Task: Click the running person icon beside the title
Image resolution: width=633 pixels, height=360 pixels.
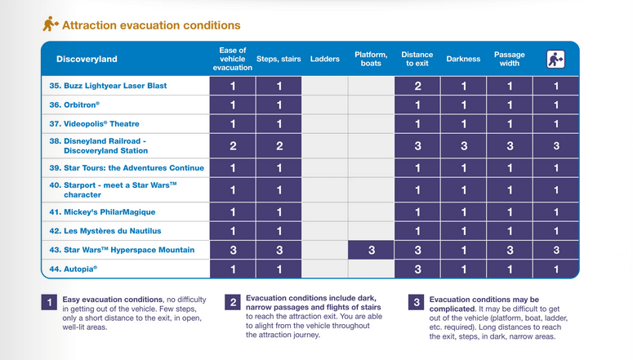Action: [x=50, y=25]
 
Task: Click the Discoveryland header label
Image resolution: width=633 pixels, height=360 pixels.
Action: [x=87, y=59]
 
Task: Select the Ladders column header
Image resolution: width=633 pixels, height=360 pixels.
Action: [x=324, y=59]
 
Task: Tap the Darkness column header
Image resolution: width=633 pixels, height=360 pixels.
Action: [x=463, y=59]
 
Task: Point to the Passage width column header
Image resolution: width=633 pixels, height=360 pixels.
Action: [x=509, y=59]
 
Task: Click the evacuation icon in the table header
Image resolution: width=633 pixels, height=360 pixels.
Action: [x=556, y=59]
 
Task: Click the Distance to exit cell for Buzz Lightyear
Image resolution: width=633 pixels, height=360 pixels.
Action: [x=417, y=86]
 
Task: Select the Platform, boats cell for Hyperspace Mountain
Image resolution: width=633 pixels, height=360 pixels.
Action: [x=371, y=249]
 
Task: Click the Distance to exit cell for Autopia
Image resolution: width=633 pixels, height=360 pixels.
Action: [x=417, y=269]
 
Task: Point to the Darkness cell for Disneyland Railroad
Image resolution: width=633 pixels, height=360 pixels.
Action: [x=463, y=145]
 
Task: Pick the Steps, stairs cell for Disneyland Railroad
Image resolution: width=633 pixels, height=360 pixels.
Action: [x=279, y=145]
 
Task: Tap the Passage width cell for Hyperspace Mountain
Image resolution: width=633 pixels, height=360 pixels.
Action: [x=509, y=249]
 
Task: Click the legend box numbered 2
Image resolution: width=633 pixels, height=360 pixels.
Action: [x=233, y=303]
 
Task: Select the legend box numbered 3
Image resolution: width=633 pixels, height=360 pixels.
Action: [x=416, y=303]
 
